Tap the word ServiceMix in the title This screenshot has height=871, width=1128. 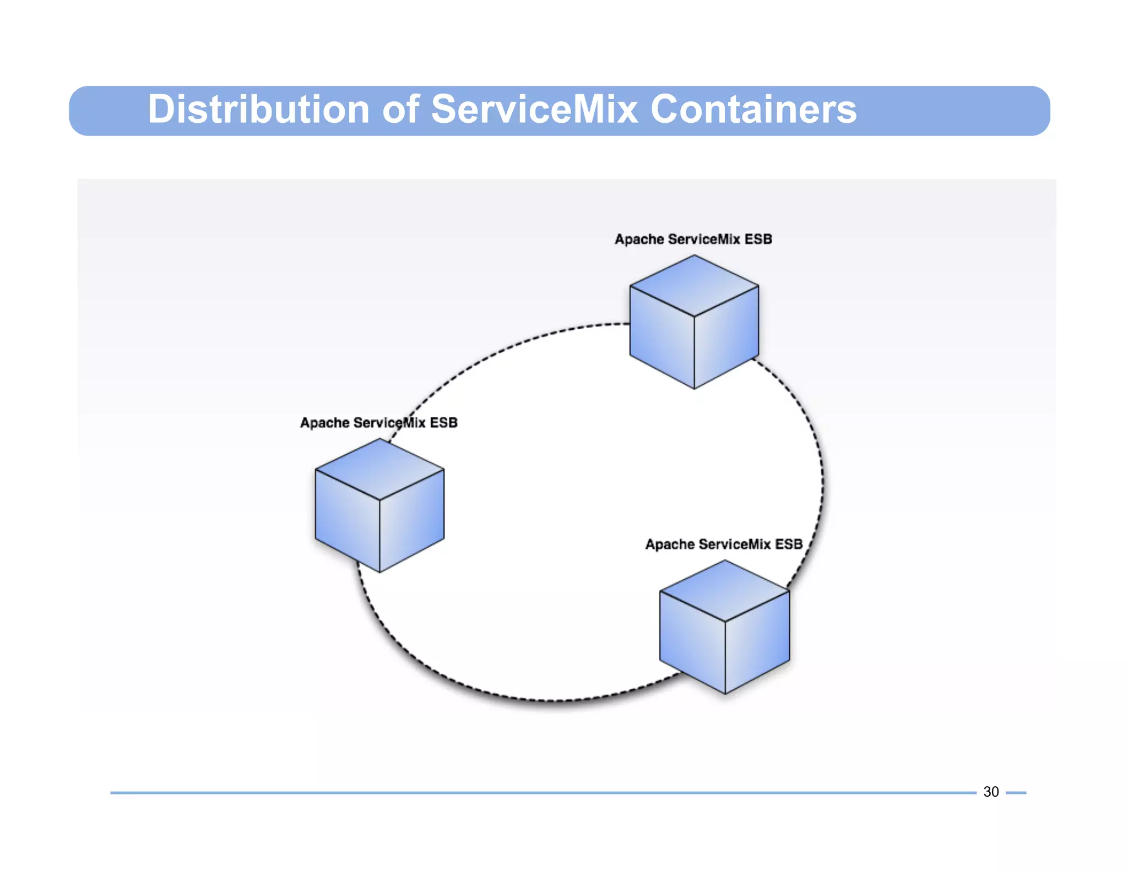(x=534, y=110)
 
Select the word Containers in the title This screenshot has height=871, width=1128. (x=753, y=110)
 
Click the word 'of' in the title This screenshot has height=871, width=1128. (x=401, y=110)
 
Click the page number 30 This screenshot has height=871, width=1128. (x=991, y=792)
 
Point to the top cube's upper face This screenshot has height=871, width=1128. (x=694, y=285)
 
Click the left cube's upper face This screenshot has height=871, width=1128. (x=379, y=469)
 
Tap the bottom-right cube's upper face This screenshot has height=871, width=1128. (x=725, y=591)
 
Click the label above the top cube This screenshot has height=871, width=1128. (x=693, y=239)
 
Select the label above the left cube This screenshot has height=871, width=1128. (x=378, y=423)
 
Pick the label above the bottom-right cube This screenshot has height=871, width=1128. (x=724, y=545)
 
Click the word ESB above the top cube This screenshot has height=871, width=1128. (x=758, y=239)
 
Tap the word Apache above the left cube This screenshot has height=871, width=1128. (x=324, y=423)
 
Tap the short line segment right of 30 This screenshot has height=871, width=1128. (x=1016, y=793)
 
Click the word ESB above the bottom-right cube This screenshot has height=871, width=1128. (x=789, y=545)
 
